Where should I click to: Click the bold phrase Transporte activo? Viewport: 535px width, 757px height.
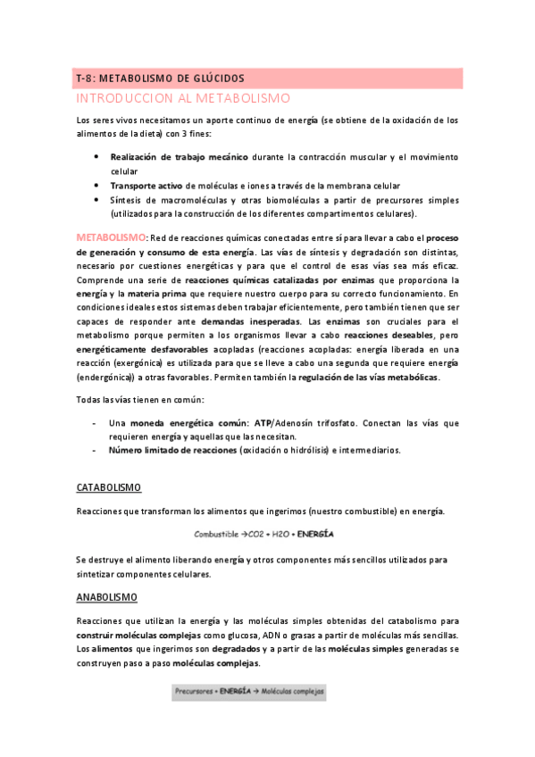click(x=146, y=185)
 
